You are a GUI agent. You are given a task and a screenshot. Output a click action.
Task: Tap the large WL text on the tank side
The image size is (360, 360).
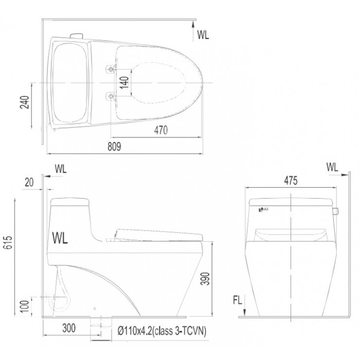click(x=61, y=238)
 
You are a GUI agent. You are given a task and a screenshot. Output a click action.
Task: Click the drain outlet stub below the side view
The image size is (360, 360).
click(x=95, y=325)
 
